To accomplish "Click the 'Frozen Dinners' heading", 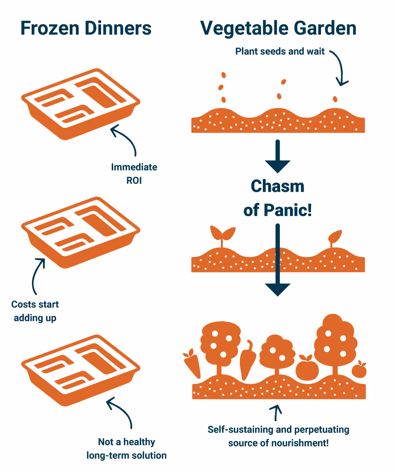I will pyautogui.click(x=86, y=28).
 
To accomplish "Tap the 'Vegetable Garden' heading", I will pyautogui.click(x=278, y=28).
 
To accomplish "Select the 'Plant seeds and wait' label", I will pyautogui.click(x=280, y=51).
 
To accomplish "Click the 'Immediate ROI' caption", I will pyautogui.click(x=134, y=174).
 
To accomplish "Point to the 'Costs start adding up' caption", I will pyautogui.click(x=35, y=311).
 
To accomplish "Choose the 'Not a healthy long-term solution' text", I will pyautogui.click(x=126, y=448).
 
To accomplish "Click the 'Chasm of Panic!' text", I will pyautogui.click(x=278, y=198).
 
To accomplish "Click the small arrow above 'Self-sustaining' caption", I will pyautogui.click(x=276, y=412).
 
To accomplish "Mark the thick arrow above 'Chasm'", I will pyautogui.click(x=278, y=156).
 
